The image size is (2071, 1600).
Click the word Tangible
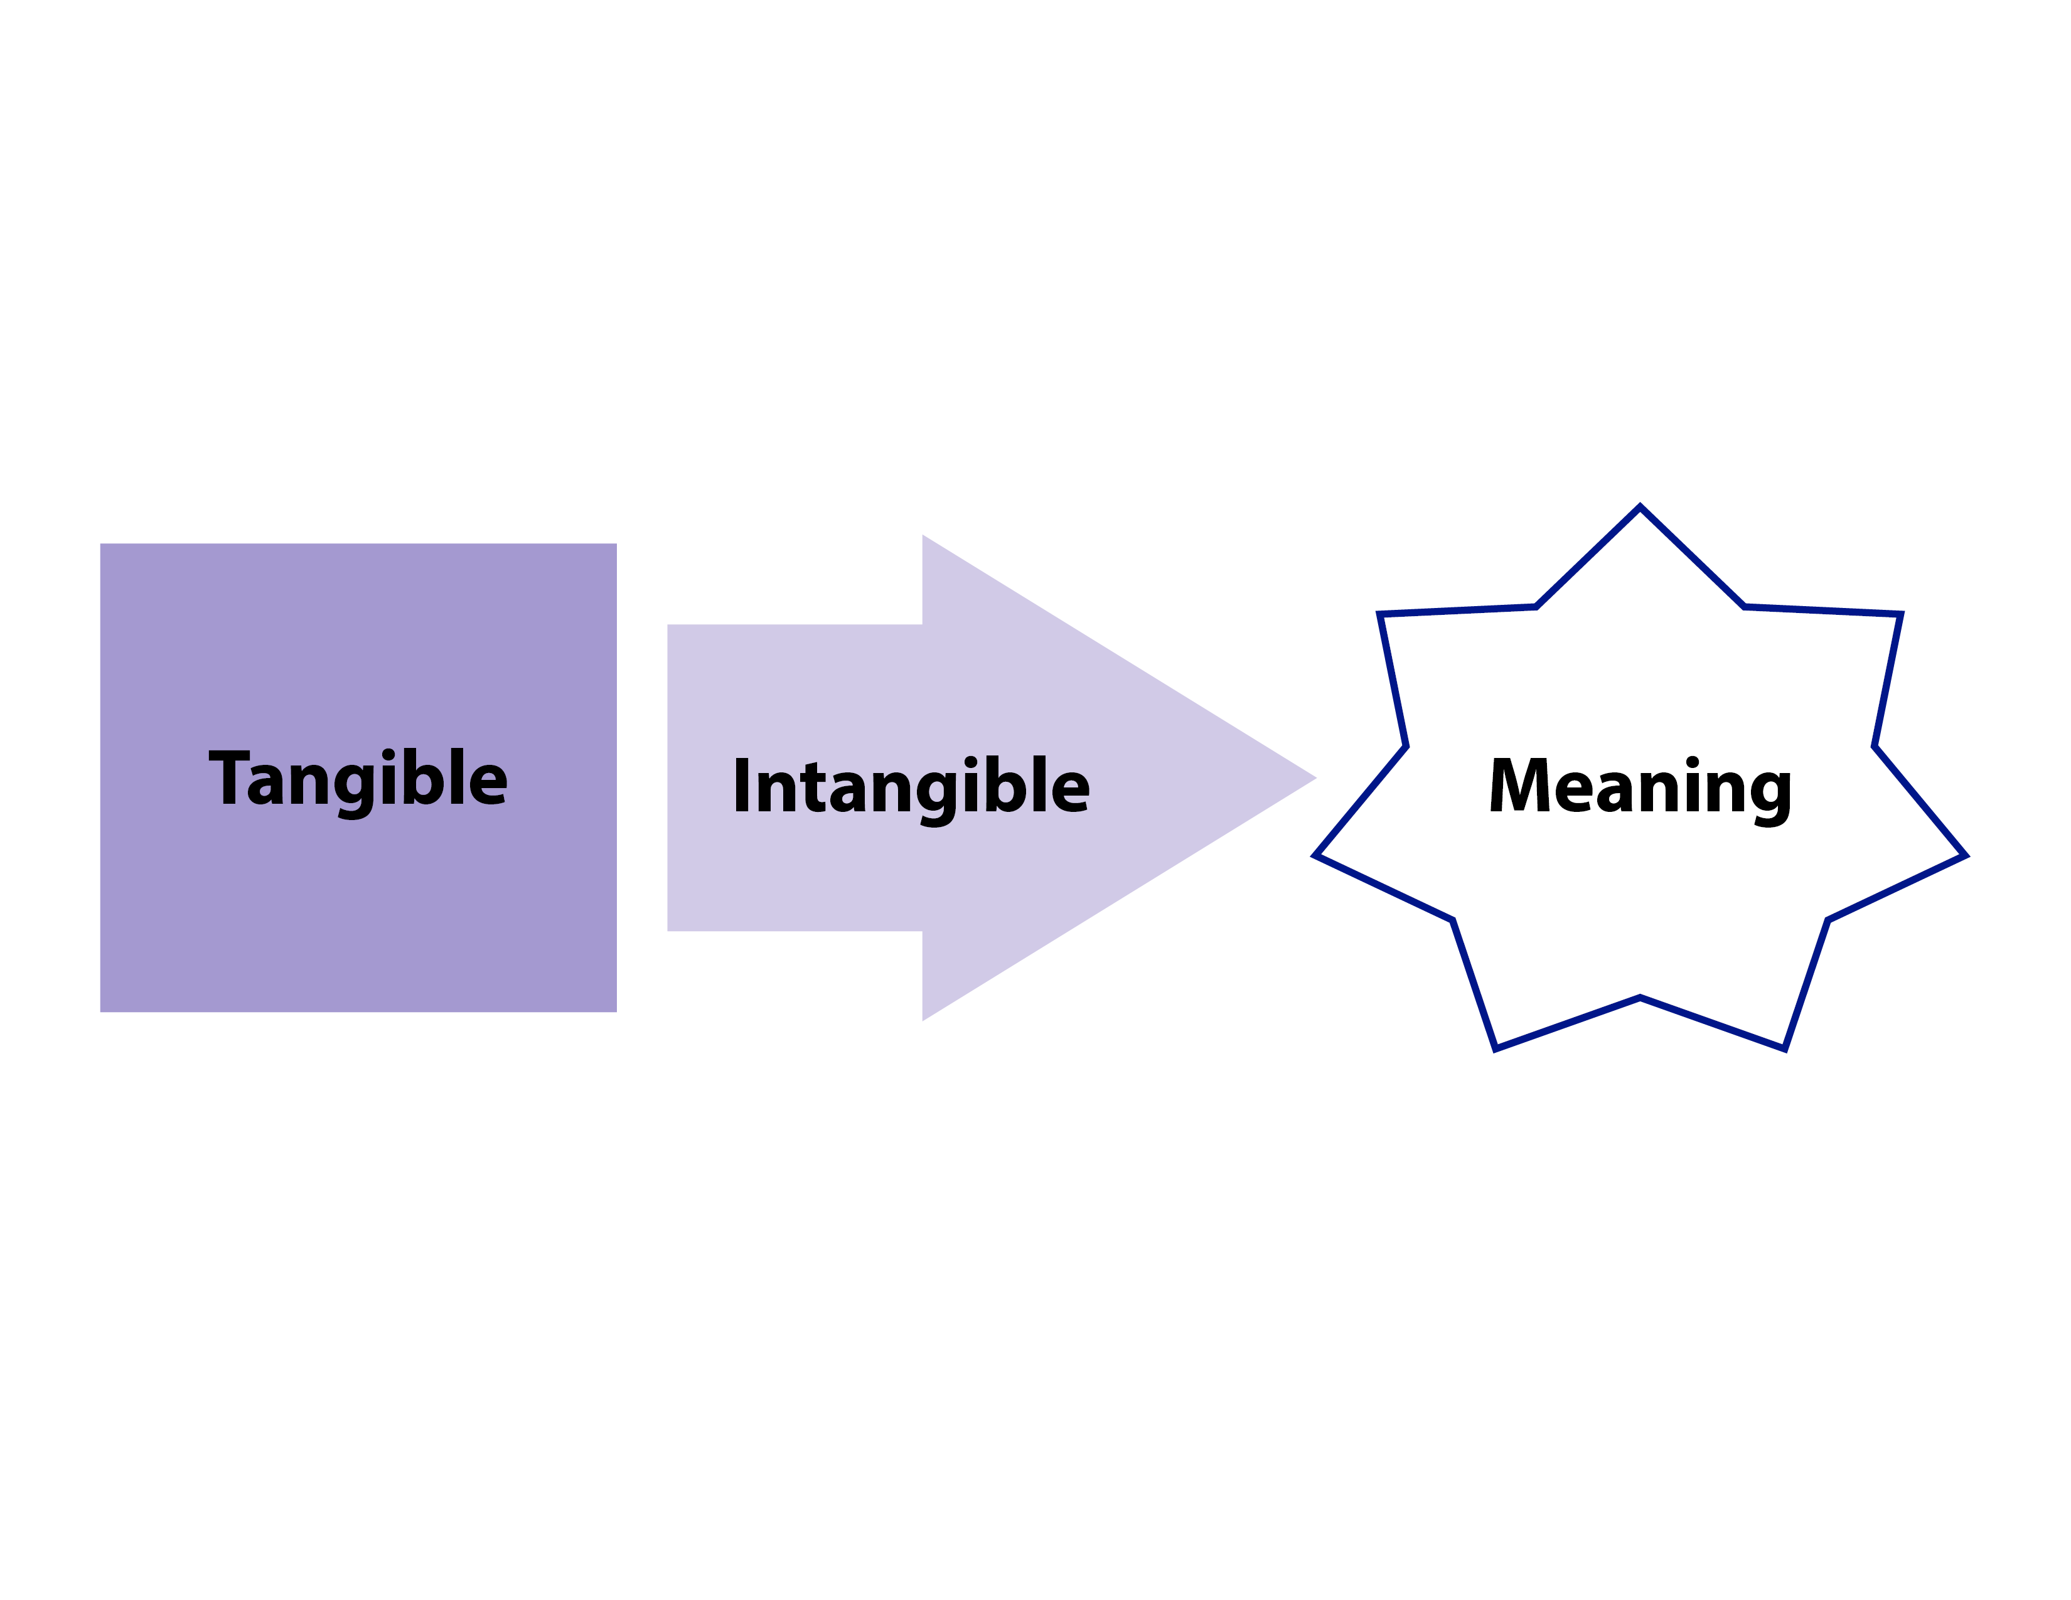tap(358, 779)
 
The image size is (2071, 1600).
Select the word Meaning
tap(1640, 787)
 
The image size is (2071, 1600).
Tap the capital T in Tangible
tap(228, 777)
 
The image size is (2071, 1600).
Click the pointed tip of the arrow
tap(1315, 778)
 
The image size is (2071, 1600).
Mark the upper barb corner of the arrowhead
tap(923, 536)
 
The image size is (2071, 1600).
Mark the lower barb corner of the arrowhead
tap(923, 1020)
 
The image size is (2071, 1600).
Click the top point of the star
tap(1640, 507)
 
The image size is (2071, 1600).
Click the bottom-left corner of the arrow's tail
tap(668, 930)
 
